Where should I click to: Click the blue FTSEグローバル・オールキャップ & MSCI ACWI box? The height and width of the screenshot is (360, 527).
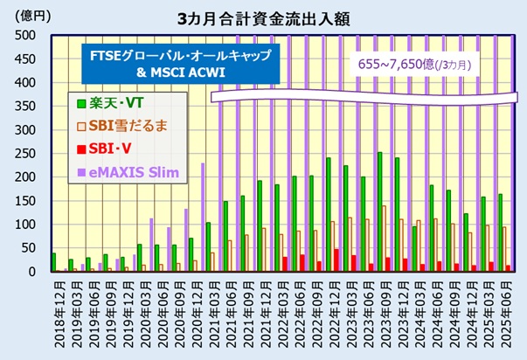click(180, 63)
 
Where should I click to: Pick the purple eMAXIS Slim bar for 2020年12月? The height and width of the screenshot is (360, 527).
click(202, 218)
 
